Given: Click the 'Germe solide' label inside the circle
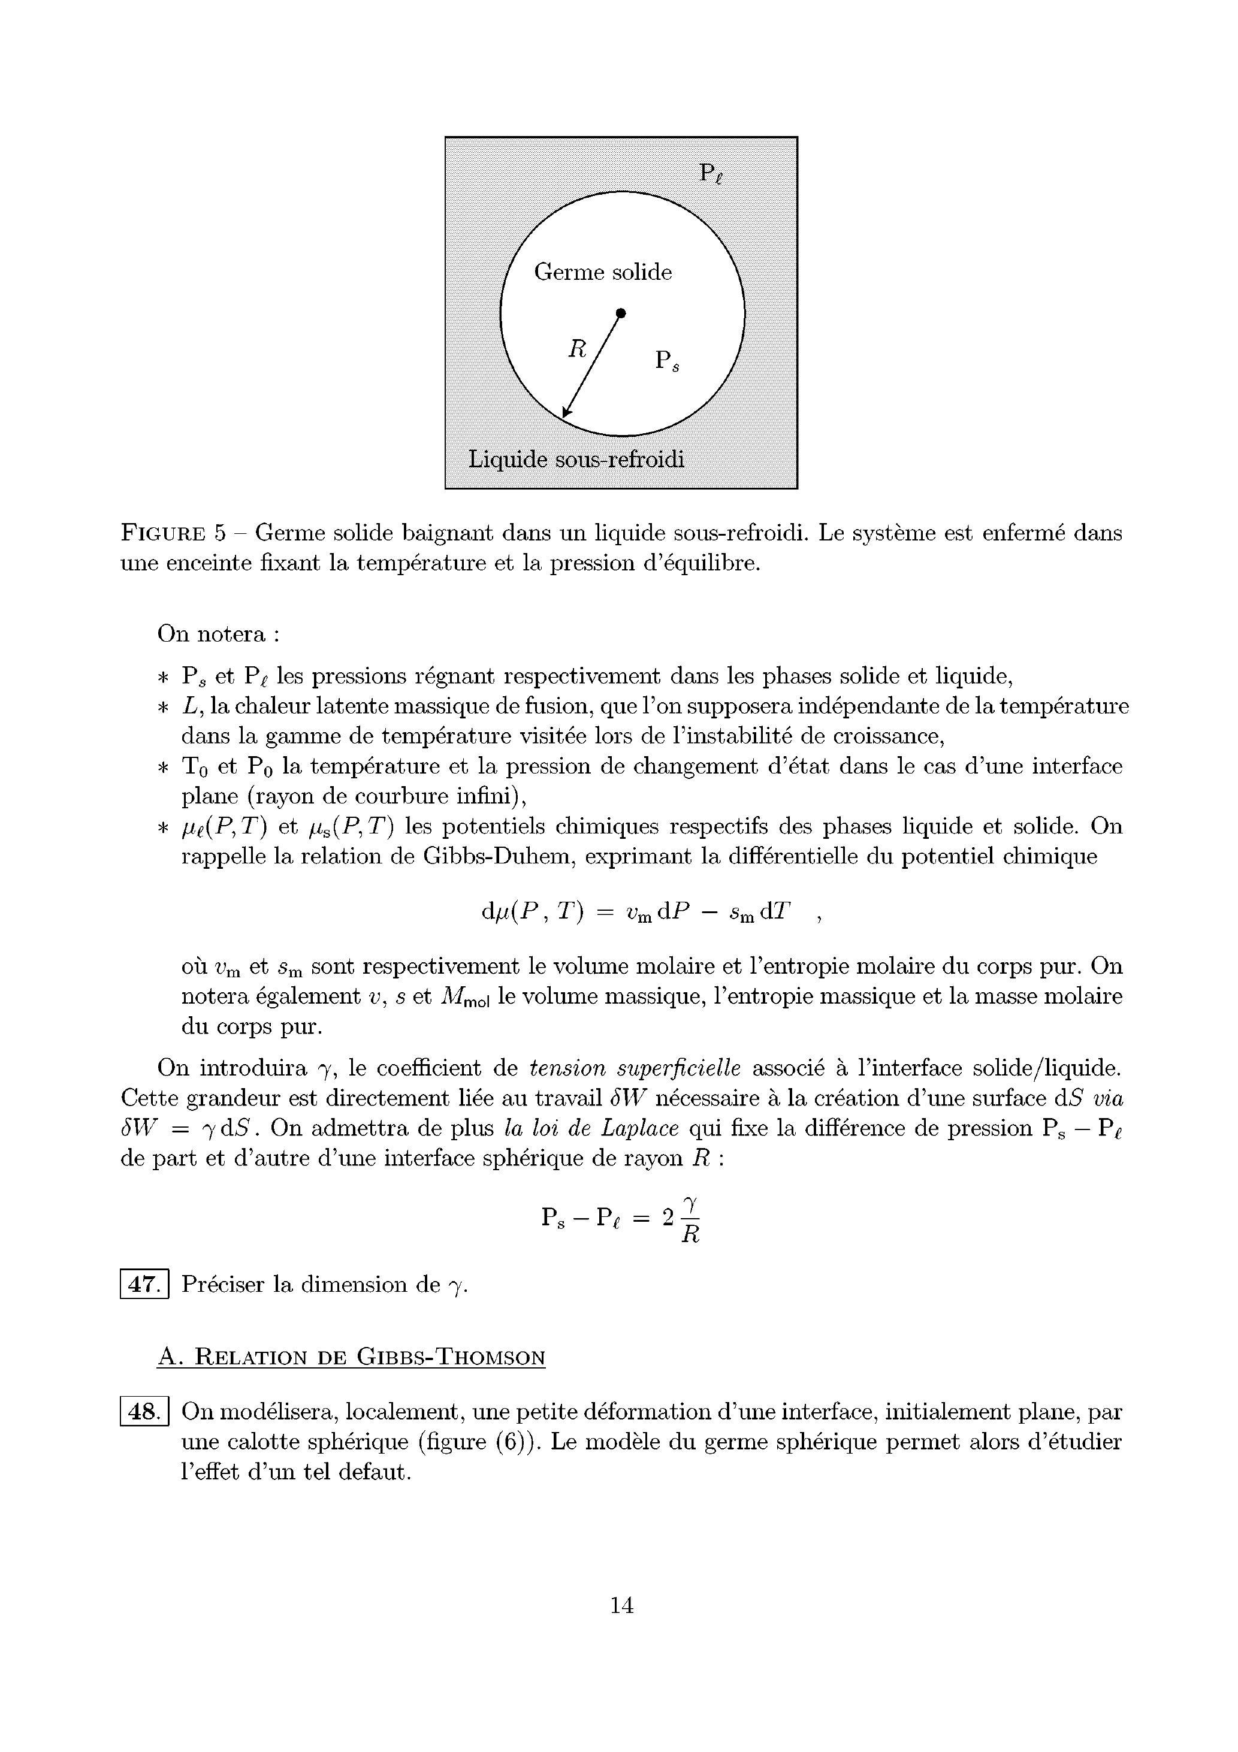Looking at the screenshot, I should (x=602, y=273).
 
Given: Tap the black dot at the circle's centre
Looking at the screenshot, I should (x=621, y=313).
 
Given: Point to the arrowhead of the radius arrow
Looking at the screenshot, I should (x=566, y=415).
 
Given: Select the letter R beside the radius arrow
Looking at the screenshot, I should (x=577, y=349).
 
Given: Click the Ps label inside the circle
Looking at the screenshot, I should (x=666, y=360).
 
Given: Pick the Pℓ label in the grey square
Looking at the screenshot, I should (x=711, y=174).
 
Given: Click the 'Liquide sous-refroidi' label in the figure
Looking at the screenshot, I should (x=576, y=460).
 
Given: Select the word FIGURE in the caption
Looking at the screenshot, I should (x=162, y=533).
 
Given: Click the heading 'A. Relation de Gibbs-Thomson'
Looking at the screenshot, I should (x=351, y=1357).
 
